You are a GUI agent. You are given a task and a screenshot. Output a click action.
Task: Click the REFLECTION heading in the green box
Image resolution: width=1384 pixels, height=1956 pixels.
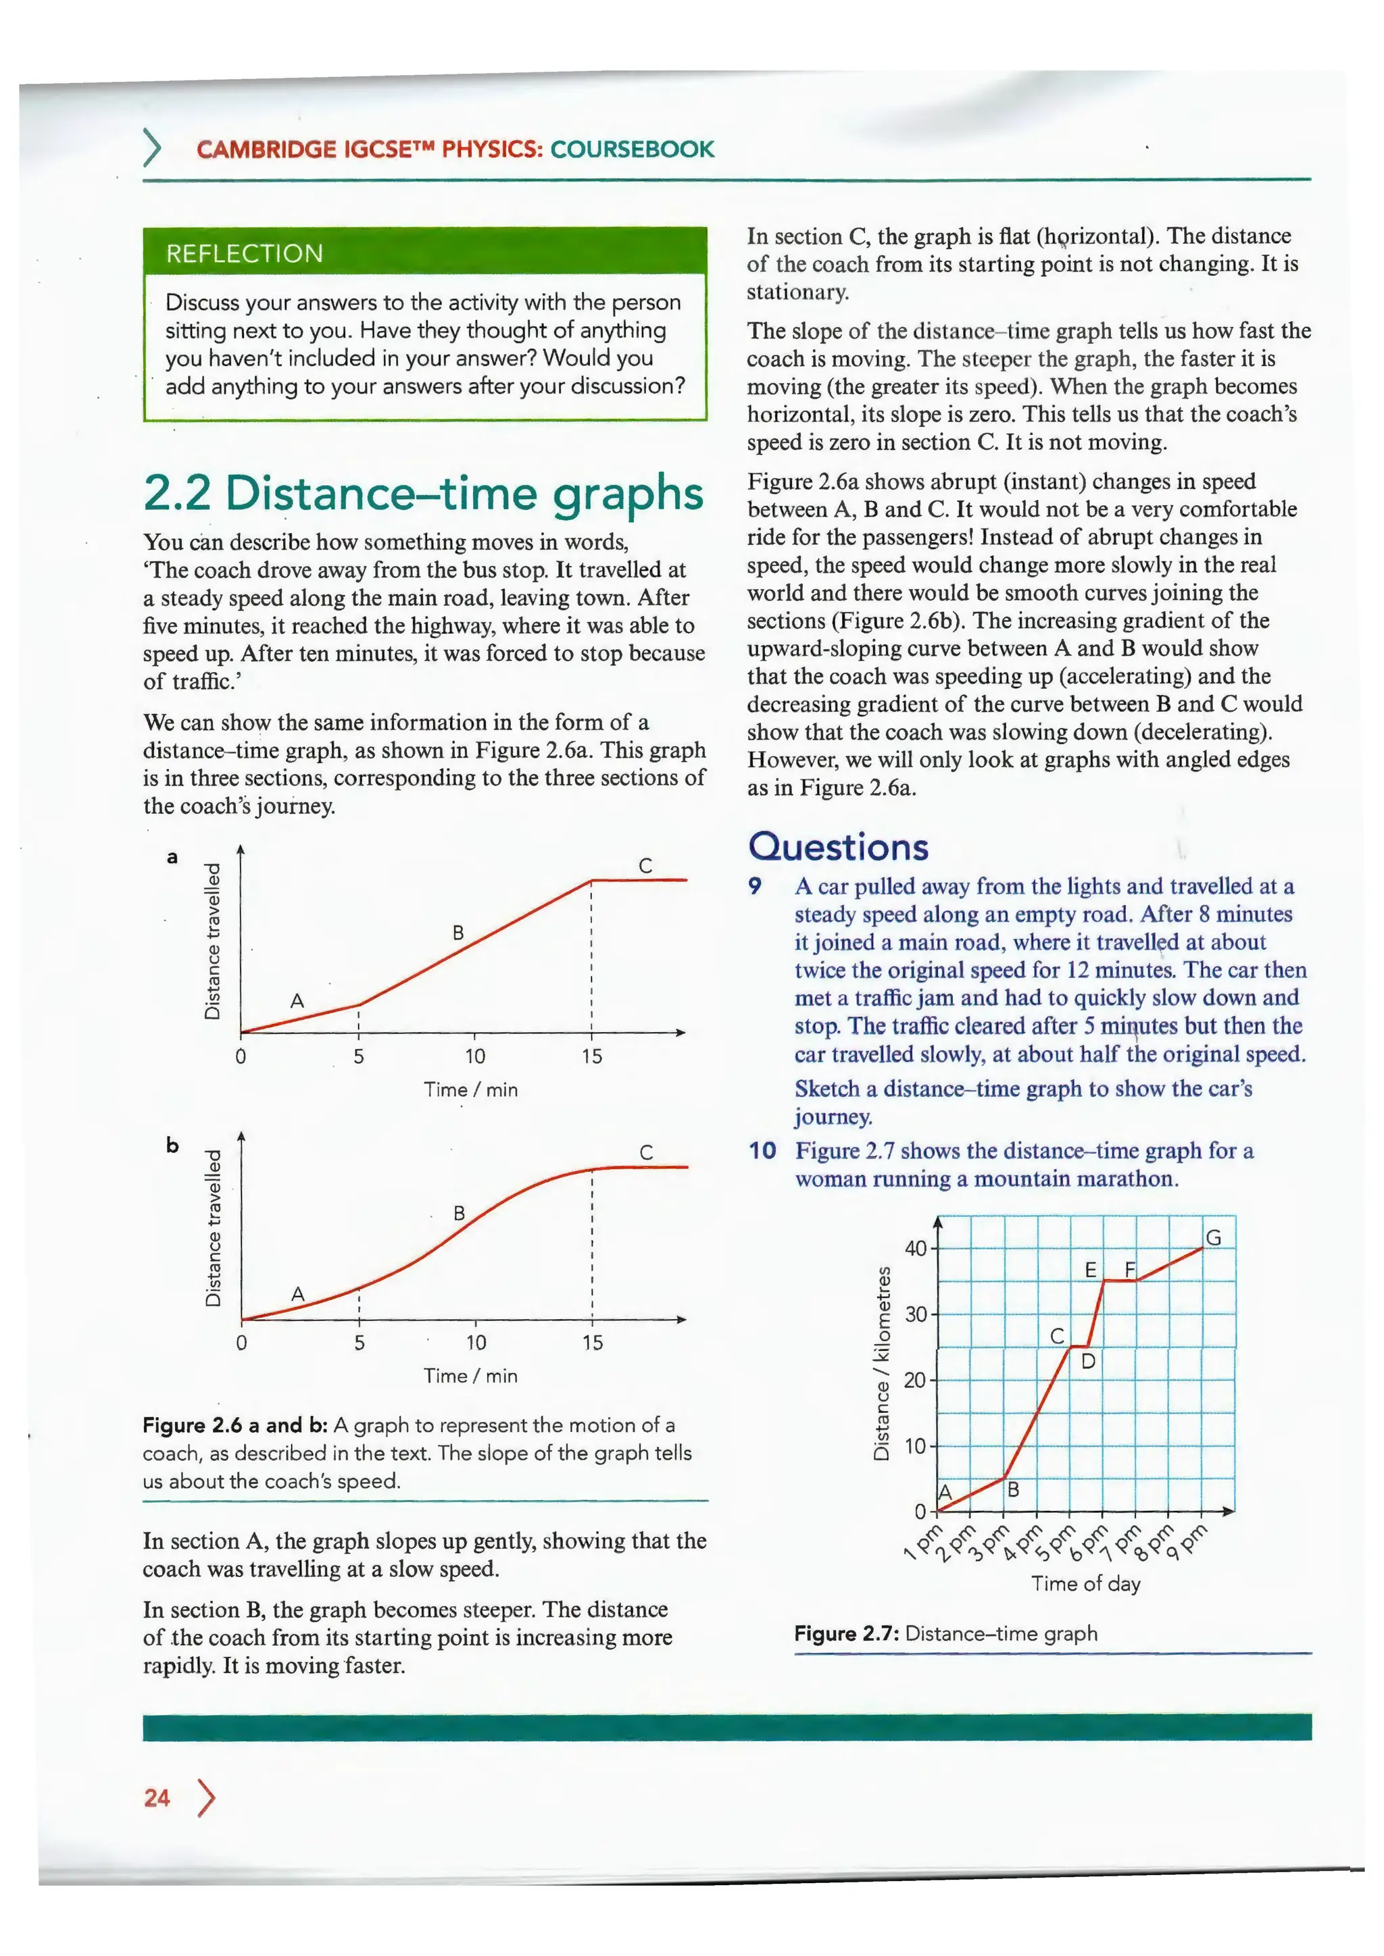coord(245,254)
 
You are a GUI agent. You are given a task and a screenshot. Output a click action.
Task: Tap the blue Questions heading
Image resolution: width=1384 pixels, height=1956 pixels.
coord(839,847)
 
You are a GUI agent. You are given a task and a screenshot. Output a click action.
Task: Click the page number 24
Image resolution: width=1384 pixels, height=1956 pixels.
coord(157,1799)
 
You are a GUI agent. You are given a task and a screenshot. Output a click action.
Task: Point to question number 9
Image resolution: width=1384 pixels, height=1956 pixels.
coord(755,886)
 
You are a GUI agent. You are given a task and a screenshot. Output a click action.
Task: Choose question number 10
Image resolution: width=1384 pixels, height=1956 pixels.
coord(763,1151)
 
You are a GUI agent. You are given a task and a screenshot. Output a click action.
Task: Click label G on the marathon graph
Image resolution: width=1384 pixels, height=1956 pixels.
coord(1214,1238)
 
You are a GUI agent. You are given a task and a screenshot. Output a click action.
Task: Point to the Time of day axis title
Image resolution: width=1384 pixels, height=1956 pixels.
coord(1086,1584)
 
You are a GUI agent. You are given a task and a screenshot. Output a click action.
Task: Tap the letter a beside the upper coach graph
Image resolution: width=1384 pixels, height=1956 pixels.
coord(172,857)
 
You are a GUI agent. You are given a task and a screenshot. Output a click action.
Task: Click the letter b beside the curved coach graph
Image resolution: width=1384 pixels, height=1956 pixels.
coord(173,1145)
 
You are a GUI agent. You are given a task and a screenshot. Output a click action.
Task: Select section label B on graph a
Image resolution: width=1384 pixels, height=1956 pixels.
coord(458,933)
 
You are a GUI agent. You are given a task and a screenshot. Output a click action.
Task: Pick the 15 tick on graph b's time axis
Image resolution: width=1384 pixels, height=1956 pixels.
coord(592,1343)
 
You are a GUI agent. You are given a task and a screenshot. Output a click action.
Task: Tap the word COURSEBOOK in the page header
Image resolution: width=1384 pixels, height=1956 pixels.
coord(633,149)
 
